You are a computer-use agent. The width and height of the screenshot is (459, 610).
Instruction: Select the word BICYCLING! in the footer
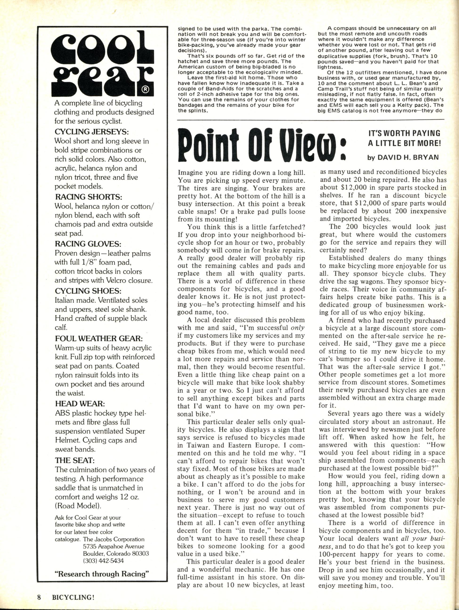pyautogui.click(x=72, y=596)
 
